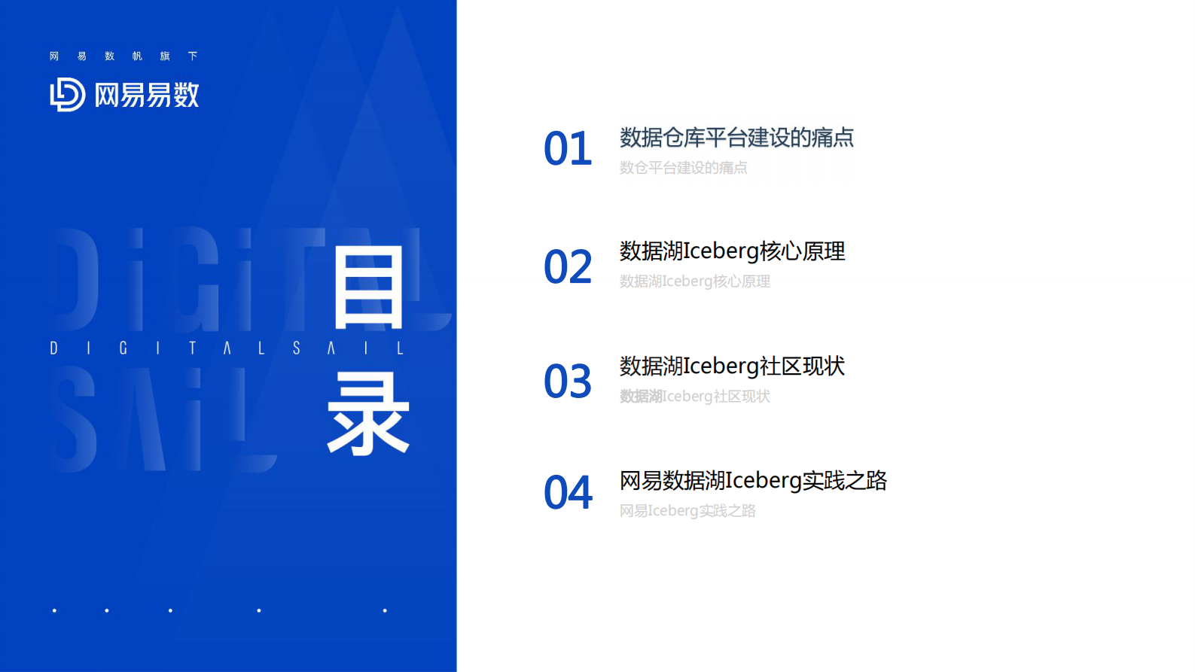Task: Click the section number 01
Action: [x=568, y=149]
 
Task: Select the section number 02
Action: [x=568, y=267]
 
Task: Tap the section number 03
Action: [x=568, y=382]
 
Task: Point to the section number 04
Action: [x=568, y=493]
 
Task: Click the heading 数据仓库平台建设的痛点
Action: [x=736, y=138]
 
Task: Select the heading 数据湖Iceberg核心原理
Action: [x=732, y=251]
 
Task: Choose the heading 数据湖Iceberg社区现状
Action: [x=732, y=366]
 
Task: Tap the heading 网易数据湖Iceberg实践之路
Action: [x=753, y=481]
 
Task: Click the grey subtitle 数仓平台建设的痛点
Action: [x=683, y=168]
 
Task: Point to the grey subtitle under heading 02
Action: [x=694, y=281]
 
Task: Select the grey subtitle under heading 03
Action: [x=694, y=397]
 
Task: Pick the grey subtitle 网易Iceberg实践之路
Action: [x=687, y=511]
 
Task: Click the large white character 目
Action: [x=368, y=290]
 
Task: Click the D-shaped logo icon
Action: [x=67, y=95]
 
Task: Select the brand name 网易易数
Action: [x=147, y=96]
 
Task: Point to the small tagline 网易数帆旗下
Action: [x=123, y=56]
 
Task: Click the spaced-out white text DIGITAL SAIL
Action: [x=227, y=348]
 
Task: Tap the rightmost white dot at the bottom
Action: [x=385, y=610]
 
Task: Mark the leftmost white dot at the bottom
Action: [x=54, y=610]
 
